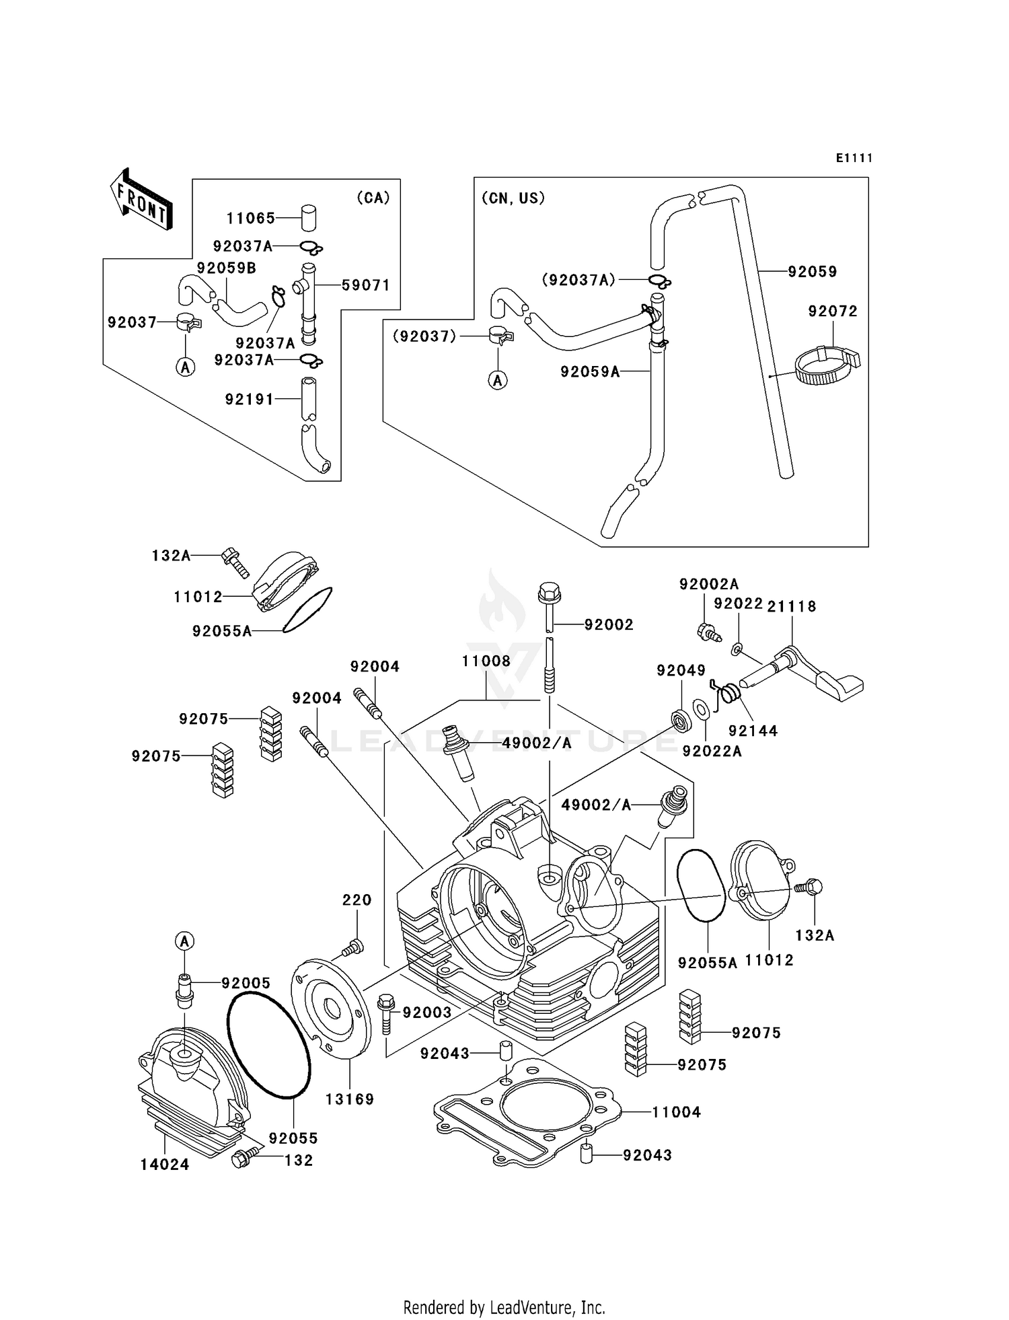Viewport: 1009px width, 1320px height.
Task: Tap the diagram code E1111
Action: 854,158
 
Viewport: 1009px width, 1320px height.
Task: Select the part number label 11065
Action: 250,218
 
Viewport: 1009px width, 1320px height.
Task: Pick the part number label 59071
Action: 365,285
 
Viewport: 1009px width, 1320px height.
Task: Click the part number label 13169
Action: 349,1099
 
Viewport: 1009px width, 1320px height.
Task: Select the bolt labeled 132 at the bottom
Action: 241,1159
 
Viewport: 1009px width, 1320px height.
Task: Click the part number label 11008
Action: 486,661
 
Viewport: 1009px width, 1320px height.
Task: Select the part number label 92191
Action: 249,399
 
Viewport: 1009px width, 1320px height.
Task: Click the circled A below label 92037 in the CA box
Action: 185,367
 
